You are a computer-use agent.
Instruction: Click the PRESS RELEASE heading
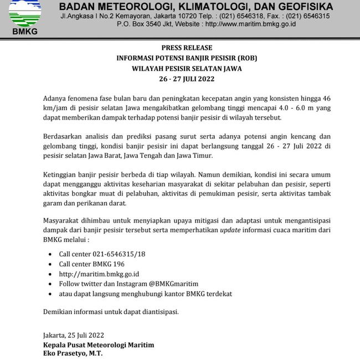click(x=187, y=48)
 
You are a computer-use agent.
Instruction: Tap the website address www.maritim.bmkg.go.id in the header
click(x=256, y=25)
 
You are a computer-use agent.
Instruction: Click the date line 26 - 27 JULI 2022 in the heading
click(x=187, y=79)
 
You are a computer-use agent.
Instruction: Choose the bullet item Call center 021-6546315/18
click(x=102, y=254)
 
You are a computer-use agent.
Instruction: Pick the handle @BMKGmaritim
click(x=173, y=284)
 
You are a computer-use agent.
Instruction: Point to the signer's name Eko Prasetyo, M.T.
click(x=73, y=353)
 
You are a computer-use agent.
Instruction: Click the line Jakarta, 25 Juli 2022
click(x=73, y=335)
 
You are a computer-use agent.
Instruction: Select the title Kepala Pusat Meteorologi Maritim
click(x=99, y=344)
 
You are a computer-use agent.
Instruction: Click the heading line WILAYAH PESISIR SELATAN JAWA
click(x=187, y=69)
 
